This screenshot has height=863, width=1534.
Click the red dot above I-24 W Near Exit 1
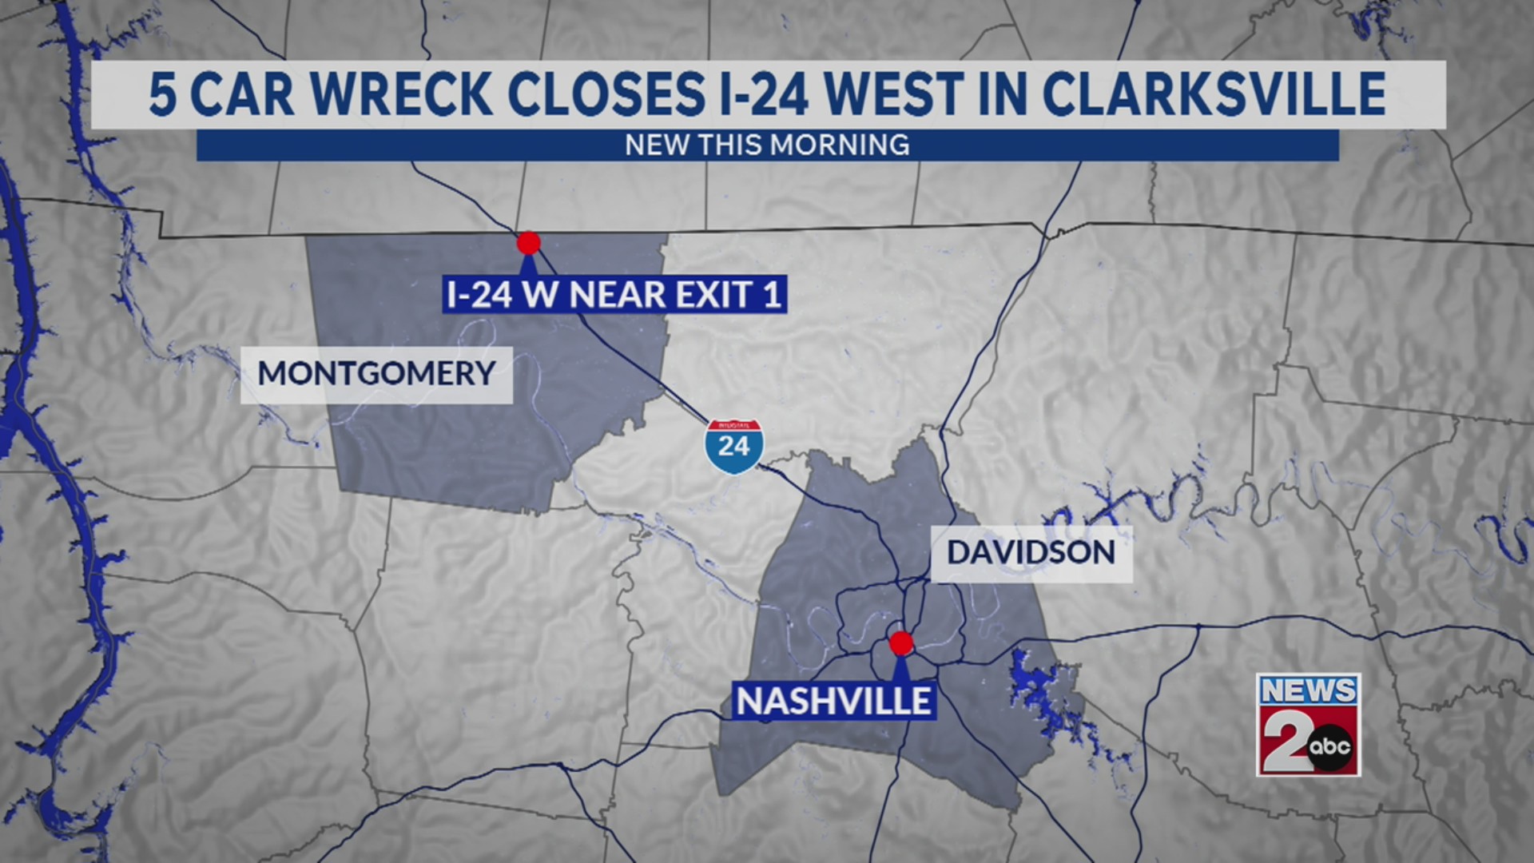(528, 242)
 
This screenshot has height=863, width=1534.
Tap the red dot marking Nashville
(901, 642)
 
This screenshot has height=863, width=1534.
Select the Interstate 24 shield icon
(733, 446)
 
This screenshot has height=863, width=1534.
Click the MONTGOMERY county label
(376, 374)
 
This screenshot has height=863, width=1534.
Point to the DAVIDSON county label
(1031, 552)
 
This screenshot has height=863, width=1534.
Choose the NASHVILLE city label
(833, 702)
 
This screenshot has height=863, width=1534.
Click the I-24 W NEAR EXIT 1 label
(614, 295)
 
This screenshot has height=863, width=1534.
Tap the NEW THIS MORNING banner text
(767, 145)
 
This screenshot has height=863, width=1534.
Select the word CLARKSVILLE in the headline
(1214, 94)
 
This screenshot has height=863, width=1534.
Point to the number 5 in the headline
(162, 94)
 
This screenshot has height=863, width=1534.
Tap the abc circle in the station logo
(1330, 747)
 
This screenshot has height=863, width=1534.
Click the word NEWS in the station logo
(1308, 690)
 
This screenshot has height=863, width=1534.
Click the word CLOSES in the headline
(606, 94)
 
